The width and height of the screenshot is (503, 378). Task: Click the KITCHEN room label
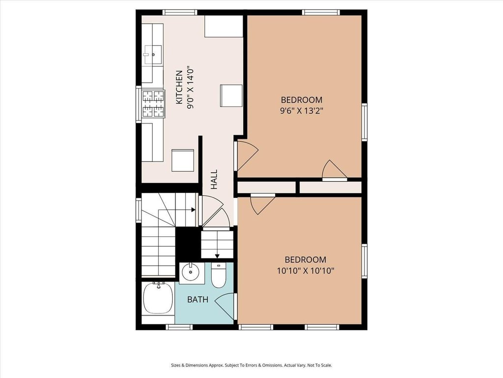pos(179,88)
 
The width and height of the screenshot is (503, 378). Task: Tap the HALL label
pos(214,179)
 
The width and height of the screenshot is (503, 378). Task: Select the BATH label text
pos(197,300)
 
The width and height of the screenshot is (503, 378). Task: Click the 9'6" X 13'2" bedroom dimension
pos(302,111)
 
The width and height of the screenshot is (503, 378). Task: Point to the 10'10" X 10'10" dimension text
pos(306,271)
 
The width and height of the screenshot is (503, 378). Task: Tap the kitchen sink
pos(153,55)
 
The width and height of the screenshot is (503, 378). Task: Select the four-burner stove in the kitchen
pos(153,104)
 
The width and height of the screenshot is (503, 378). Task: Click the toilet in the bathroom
pos(219,276)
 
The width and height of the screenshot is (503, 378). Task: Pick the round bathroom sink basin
pos(191,272)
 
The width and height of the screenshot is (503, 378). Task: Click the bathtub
pos(158,298)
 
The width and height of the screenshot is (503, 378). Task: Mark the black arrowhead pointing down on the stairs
pos(217,256)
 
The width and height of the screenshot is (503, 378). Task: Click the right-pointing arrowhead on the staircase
pos(194,210)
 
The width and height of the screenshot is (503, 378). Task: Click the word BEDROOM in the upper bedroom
pos(302,100)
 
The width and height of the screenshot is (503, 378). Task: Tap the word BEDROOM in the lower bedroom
pos(306,260)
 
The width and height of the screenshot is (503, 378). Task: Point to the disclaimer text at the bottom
pos(251,366)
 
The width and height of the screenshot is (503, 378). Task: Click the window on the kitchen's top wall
pos(180,12)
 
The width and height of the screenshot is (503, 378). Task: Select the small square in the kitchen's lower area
pos(183,160)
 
